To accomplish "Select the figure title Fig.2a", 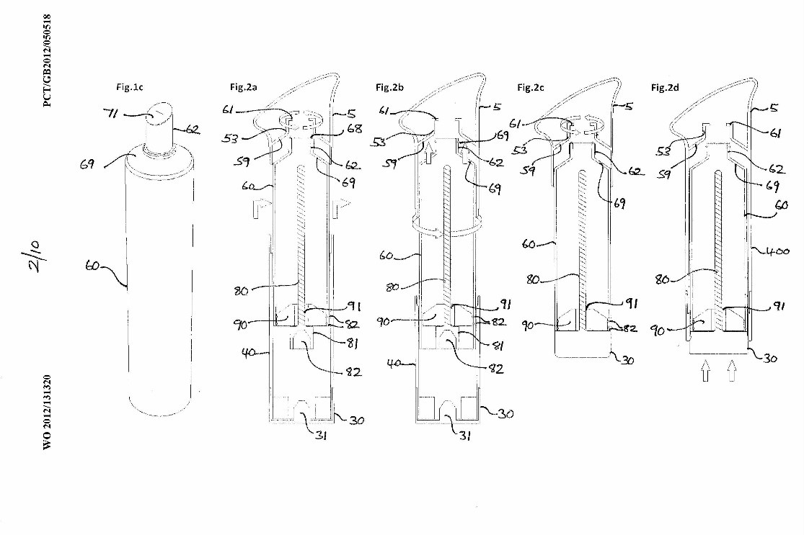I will point(244,87).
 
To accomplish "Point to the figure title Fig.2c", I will point(531,87).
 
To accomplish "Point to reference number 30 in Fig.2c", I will point(626,360).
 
